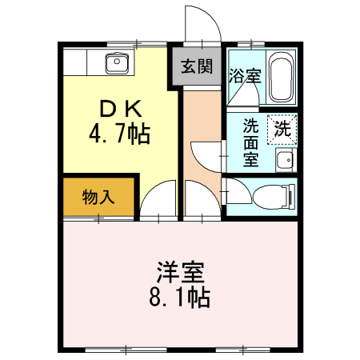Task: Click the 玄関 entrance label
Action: coord(196,66)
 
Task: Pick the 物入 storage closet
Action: coord(98,197)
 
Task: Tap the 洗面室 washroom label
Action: coord(250,142)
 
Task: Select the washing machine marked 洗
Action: coord(282,128)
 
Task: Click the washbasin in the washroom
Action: coord(284,162)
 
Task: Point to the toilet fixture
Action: coord(274,194)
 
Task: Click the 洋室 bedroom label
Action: coord(179,273)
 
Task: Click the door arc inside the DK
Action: coord(159,198)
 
